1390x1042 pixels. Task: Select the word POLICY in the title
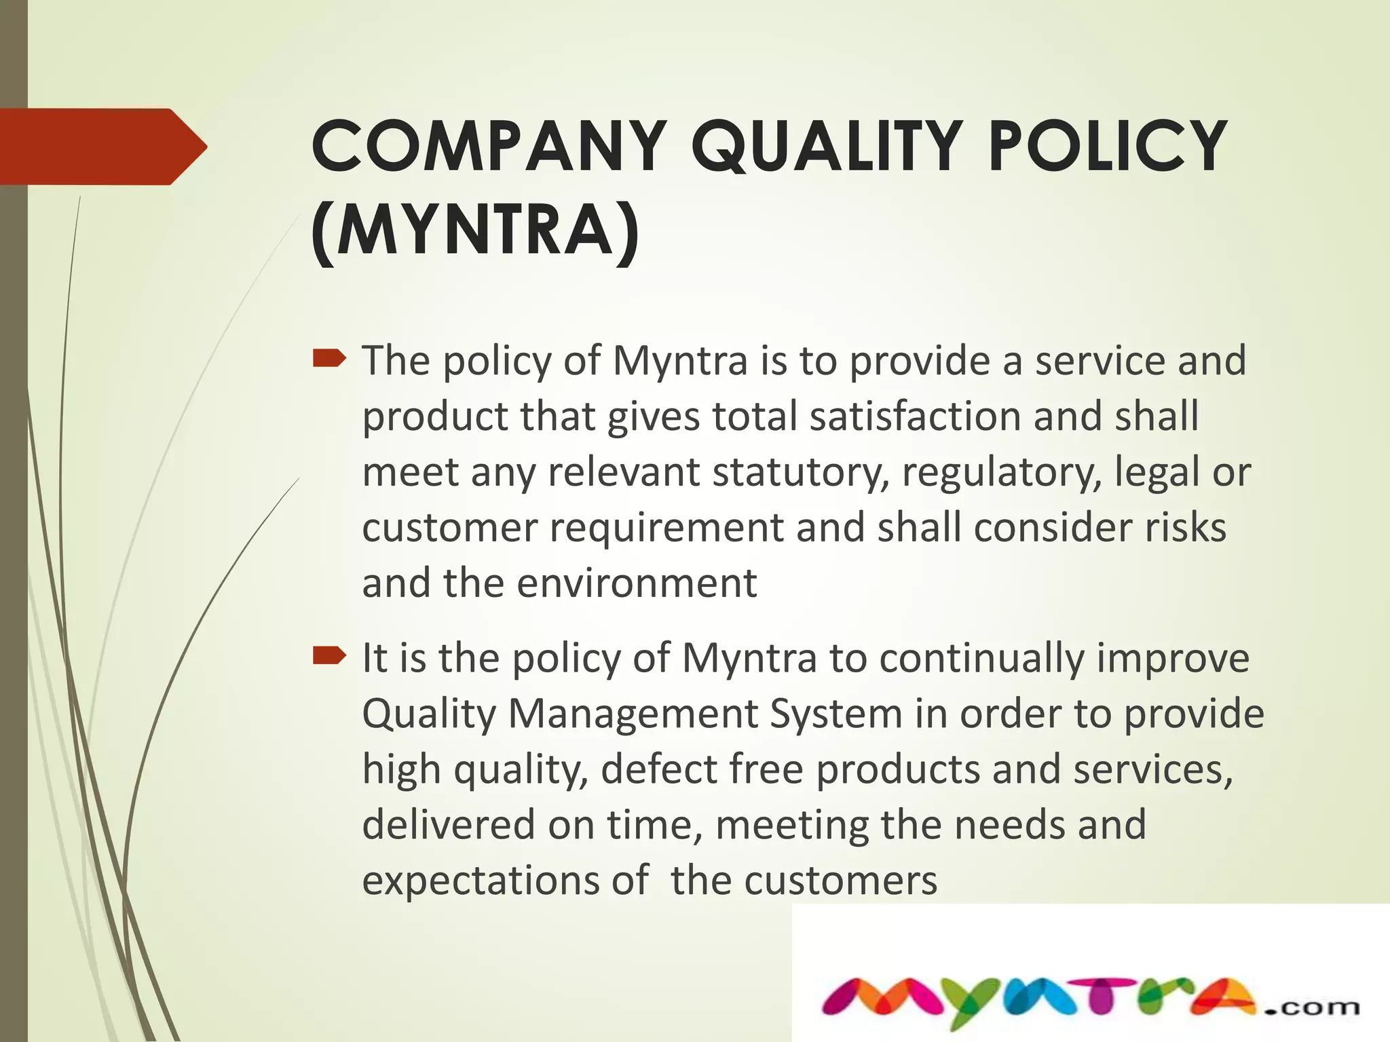point(1107,147)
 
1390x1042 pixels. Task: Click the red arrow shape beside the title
point(102,147)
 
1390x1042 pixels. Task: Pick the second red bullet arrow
point(330,655)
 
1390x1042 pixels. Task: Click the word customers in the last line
point(841,881)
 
